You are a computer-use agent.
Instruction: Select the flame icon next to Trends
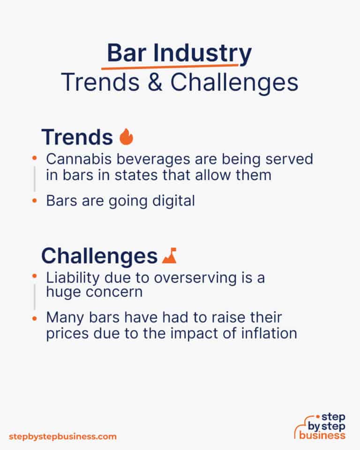point(126,137)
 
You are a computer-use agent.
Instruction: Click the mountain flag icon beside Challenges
point(169,256)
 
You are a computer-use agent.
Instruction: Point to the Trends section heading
point(77,137)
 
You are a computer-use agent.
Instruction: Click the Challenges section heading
point(99,256)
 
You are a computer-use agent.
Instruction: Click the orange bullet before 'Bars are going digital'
point(35,201)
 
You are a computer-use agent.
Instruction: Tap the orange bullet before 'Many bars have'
point(35,318)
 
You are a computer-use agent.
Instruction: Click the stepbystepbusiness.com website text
point(62,436)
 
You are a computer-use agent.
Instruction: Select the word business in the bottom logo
point(323,435)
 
